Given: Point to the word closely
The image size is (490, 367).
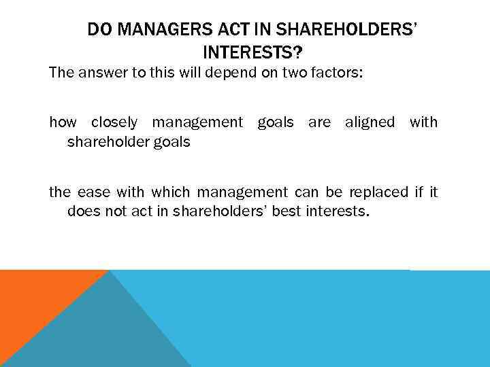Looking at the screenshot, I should (114, 122).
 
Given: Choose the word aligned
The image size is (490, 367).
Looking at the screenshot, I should (370, 122).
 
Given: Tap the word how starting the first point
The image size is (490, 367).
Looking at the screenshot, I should (63, 122).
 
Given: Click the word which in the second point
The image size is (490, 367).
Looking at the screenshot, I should (171, 192).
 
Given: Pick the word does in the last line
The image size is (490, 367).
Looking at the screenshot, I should (82, 211).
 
